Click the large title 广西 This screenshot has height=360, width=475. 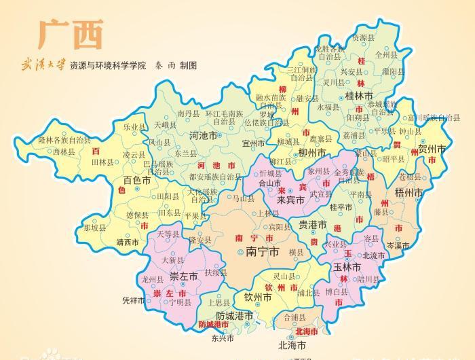71,33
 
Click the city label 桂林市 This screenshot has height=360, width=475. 359,96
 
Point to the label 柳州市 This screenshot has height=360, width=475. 312,153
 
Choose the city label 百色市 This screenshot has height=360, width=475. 137,181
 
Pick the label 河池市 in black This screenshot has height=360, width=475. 203,135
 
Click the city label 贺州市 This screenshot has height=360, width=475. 432,148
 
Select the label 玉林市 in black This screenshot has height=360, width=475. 350,267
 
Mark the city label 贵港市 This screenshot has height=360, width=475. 313,225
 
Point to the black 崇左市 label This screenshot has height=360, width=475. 183,276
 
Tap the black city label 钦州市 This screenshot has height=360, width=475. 258,297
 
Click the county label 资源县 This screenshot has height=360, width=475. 363,38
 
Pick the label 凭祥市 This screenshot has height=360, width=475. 134,300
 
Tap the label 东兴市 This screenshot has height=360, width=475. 222,338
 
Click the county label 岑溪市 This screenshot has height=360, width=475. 400,245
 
